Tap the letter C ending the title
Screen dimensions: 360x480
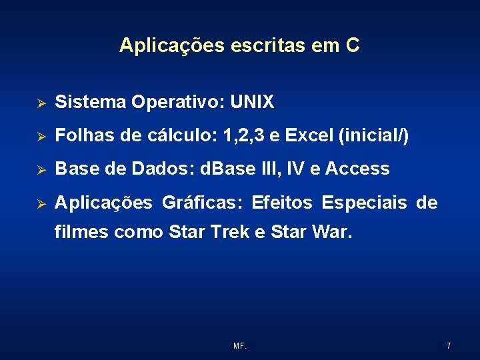353,45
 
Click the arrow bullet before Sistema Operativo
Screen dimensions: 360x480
40,103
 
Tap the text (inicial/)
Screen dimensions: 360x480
374,136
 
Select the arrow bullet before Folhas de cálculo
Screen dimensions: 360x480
40,137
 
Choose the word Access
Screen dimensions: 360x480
357,169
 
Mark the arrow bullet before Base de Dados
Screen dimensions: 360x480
40,170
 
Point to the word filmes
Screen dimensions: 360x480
82,233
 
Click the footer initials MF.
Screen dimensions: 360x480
240,346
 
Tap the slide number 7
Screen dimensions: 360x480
449,346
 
